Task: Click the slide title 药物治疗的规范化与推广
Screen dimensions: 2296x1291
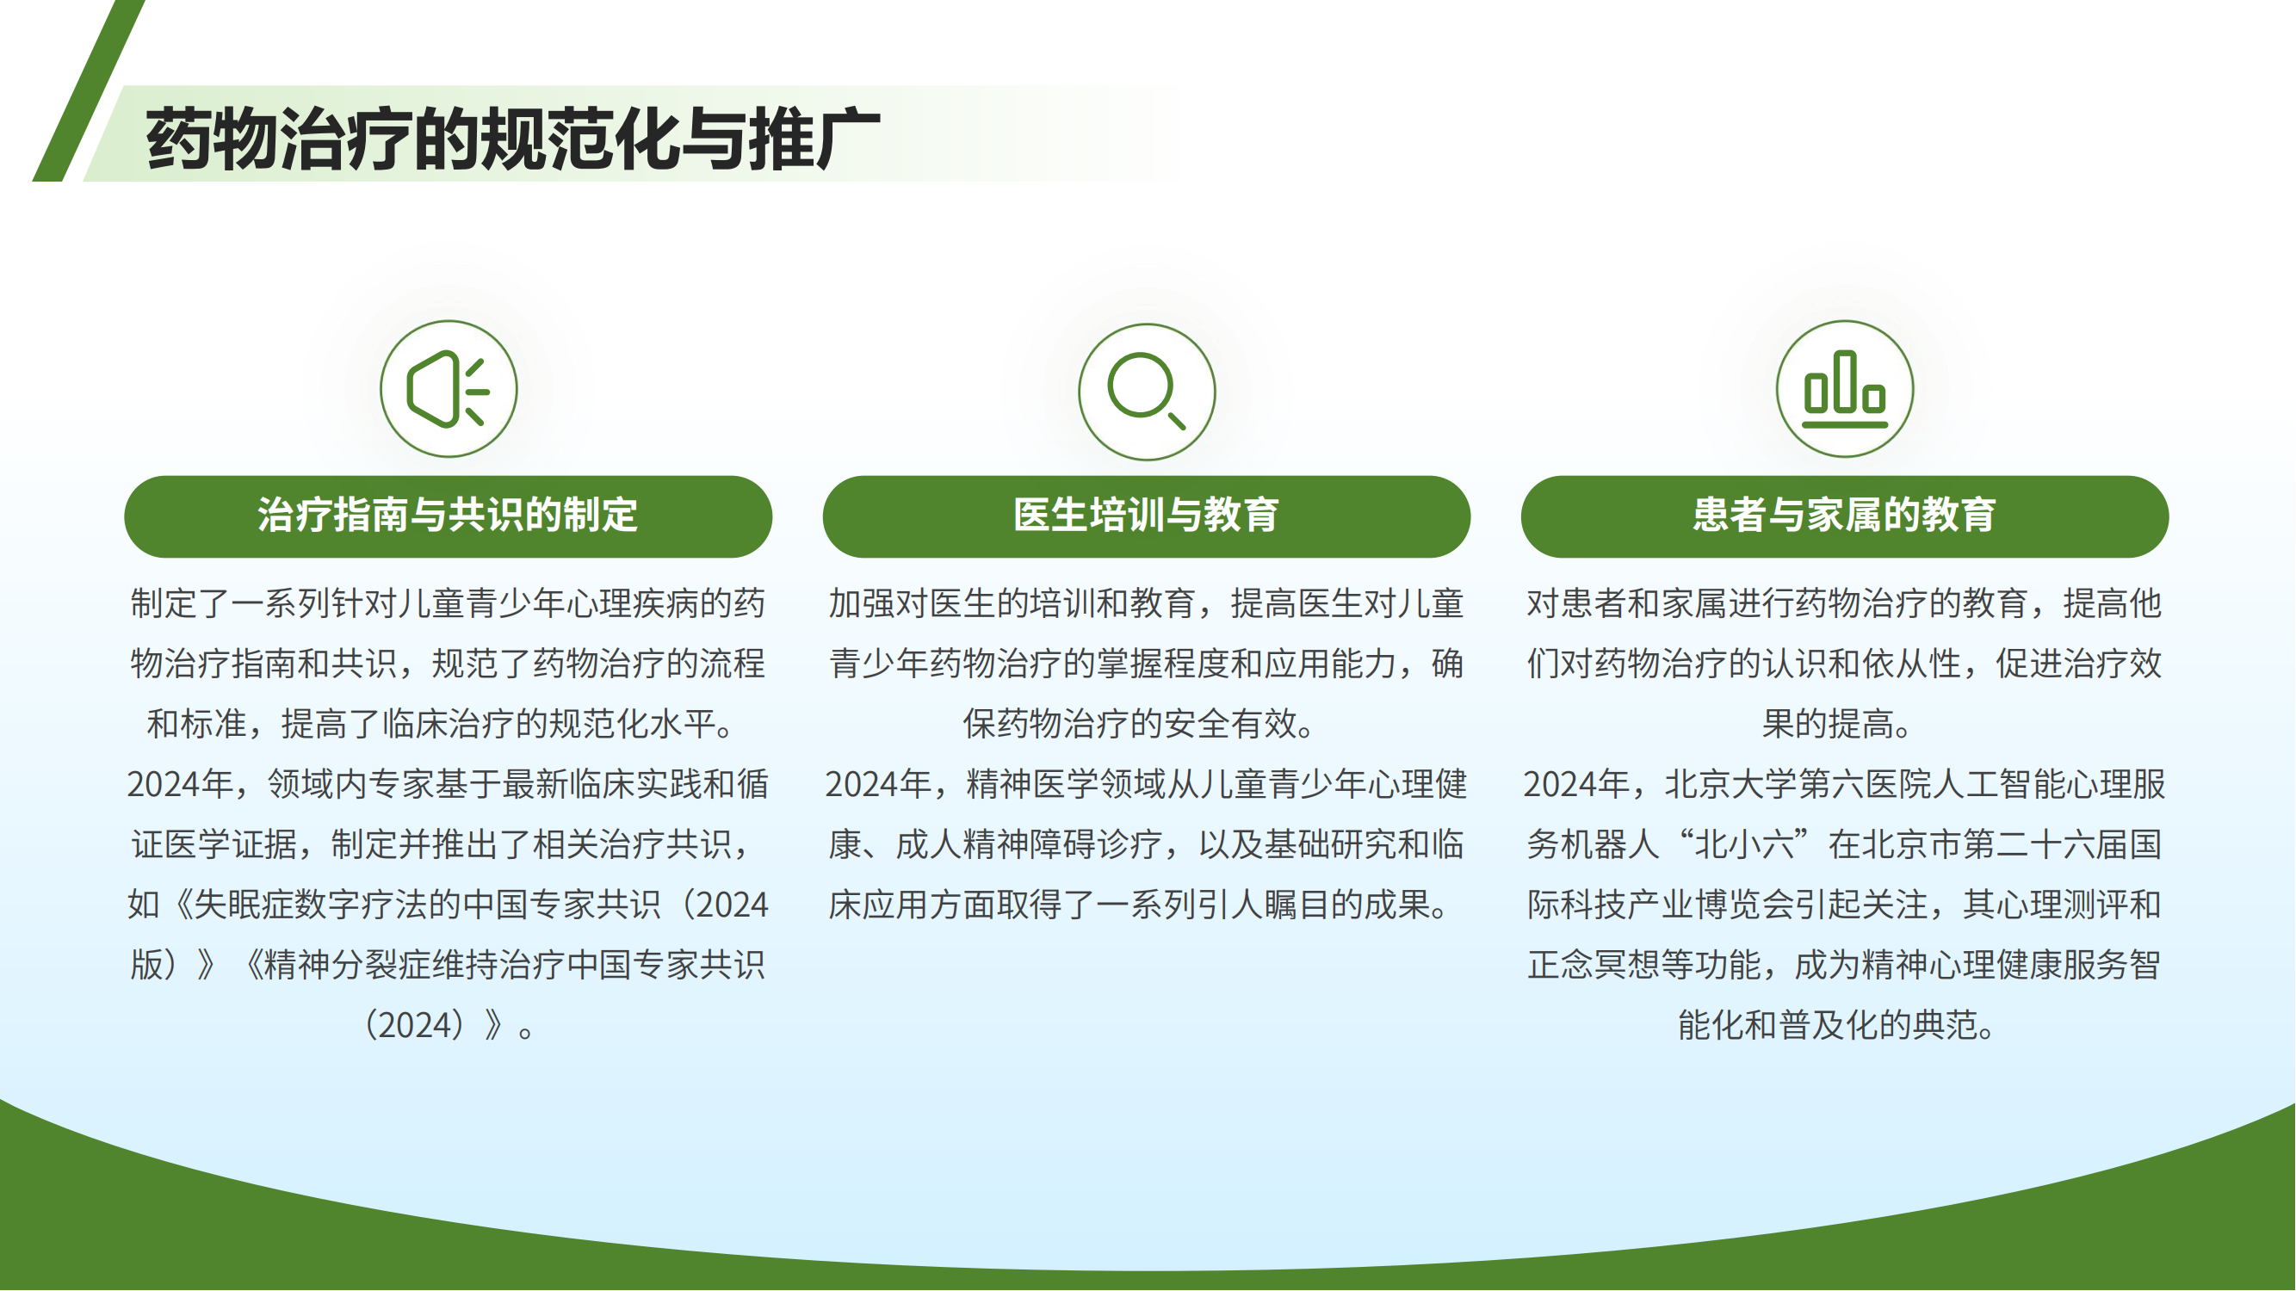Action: click(x=513, y=138)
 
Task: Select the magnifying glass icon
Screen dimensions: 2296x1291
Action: click(x=1146, y=391)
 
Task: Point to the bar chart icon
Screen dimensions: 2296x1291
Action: click(x=1844, y=389)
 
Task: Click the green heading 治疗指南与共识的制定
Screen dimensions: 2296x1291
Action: click(x=449, y=515)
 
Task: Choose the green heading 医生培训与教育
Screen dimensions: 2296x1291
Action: click(x=1146, y=515)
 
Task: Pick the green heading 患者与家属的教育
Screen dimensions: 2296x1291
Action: click(x=1844, y=515)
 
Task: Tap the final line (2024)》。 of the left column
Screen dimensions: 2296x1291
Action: click(x=449, y=1024)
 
